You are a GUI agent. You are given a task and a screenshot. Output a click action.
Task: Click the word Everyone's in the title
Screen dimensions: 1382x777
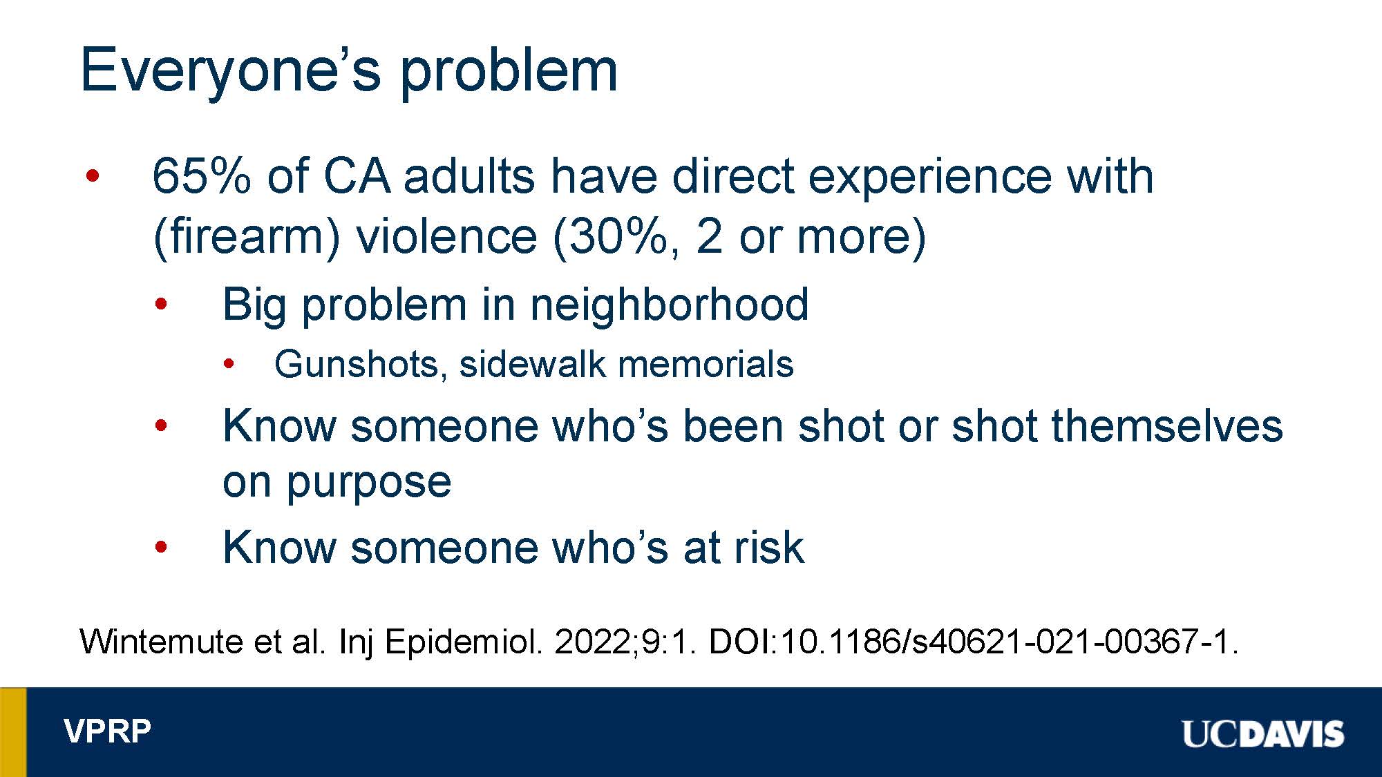click(231, 71)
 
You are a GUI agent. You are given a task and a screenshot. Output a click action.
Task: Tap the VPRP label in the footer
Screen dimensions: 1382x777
click(108, 731)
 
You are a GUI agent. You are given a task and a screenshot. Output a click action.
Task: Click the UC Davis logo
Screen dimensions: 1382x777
click(1263, 733)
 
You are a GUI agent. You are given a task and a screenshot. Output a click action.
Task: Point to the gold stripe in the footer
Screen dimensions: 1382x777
click(13, 732)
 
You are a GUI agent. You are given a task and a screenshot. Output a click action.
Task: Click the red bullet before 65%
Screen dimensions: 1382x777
click(93, 176)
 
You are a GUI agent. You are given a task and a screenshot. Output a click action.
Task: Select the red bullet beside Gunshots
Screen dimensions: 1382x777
click(229, 364)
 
